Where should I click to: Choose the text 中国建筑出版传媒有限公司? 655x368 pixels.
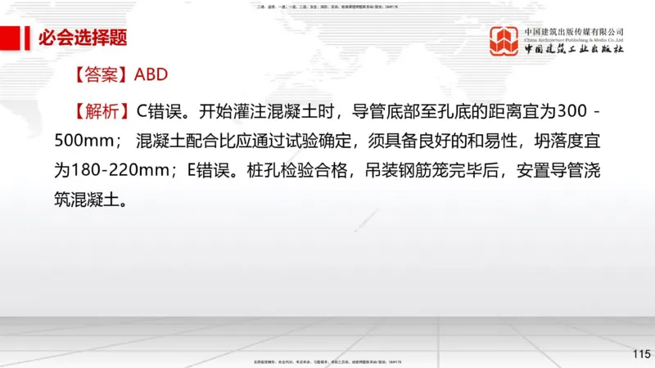(573, 30)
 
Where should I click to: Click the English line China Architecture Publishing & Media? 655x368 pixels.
(573, 39)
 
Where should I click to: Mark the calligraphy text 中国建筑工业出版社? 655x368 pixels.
(573, 50)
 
